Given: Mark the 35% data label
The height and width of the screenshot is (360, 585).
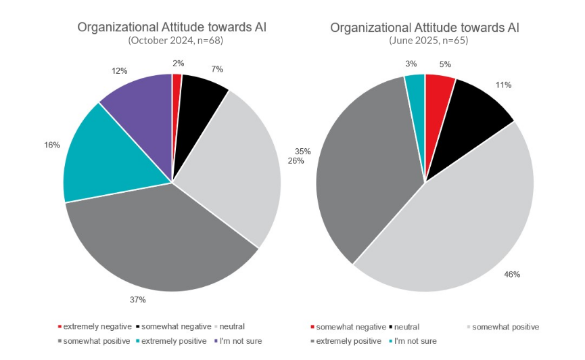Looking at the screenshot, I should (x=302, y=151).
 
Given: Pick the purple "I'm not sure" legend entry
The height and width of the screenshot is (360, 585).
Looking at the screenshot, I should (x=237, y=341).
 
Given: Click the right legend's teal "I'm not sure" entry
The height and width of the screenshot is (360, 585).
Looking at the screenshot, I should (x=412, y=341).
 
